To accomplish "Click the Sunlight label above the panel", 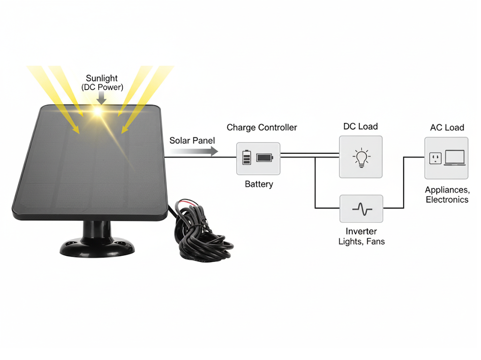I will pyautogui.click(x=101, y=78).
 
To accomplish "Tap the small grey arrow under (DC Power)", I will pyautogui.click(x=101, y=98).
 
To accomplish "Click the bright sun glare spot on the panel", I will pyautogui.click(x=98, y=112).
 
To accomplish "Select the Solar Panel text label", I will pyautogui.click(x=192, y=141).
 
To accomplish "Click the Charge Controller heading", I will pyautogui.click(x=262, y=127).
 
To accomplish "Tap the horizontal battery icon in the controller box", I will pyautogui.click(x=265, y=157).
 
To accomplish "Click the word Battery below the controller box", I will pyautogui.click(x=259, y=184).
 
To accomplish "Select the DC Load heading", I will pyautogui.click(x=360, y=127).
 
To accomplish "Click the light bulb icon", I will pyautogui.click(x=361, y=158).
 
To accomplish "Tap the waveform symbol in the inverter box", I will pyautogui.click(x=361, y=209).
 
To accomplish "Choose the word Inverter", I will pyautogui.click(x=361, y=232).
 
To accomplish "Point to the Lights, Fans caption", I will pyautogui.click(x=361, y=242).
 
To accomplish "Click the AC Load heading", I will pyautogui.click(x=447, y=127).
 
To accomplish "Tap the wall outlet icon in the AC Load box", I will pyautogui.click(x=435, y=158).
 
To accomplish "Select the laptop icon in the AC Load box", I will pyautogui.click(x=455, y=158).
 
